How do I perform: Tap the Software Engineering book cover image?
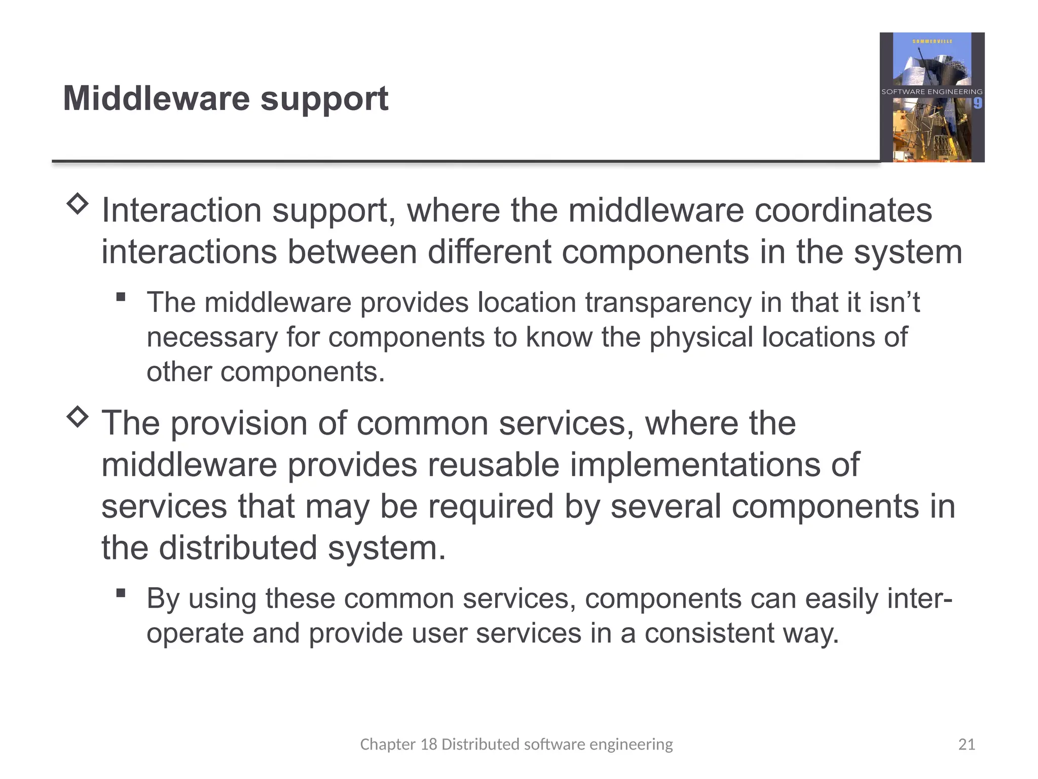[932, 97]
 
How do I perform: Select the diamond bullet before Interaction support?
[78, 204]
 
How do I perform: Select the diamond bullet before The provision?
[78, 417]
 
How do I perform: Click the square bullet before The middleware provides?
[121, 297]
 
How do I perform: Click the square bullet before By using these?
[121, 592]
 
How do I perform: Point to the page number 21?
[967, 744]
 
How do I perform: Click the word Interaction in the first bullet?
[181, 210]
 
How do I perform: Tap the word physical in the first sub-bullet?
[701, 337]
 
